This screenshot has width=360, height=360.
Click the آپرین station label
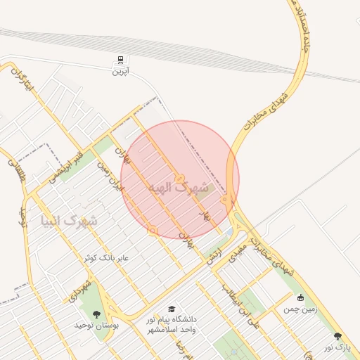point(122,71)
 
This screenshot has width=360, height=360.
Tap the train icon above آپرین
point(122,60)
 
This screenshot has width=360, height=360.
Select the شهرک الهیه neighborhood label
point(179,188)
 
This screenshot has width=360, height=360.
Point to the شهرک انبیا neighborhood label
point(68,221)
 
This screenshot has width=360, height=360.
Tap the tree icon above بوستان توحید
point(96,314)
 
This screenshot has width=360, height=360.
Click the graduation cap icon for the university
point(171,309)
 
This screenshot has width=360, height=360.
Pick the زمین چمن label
point(301,308)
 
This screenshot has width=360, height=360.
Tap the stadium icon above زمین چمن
point(301,297)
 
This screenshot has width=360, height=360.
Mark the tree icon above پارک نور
point(337,337)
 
